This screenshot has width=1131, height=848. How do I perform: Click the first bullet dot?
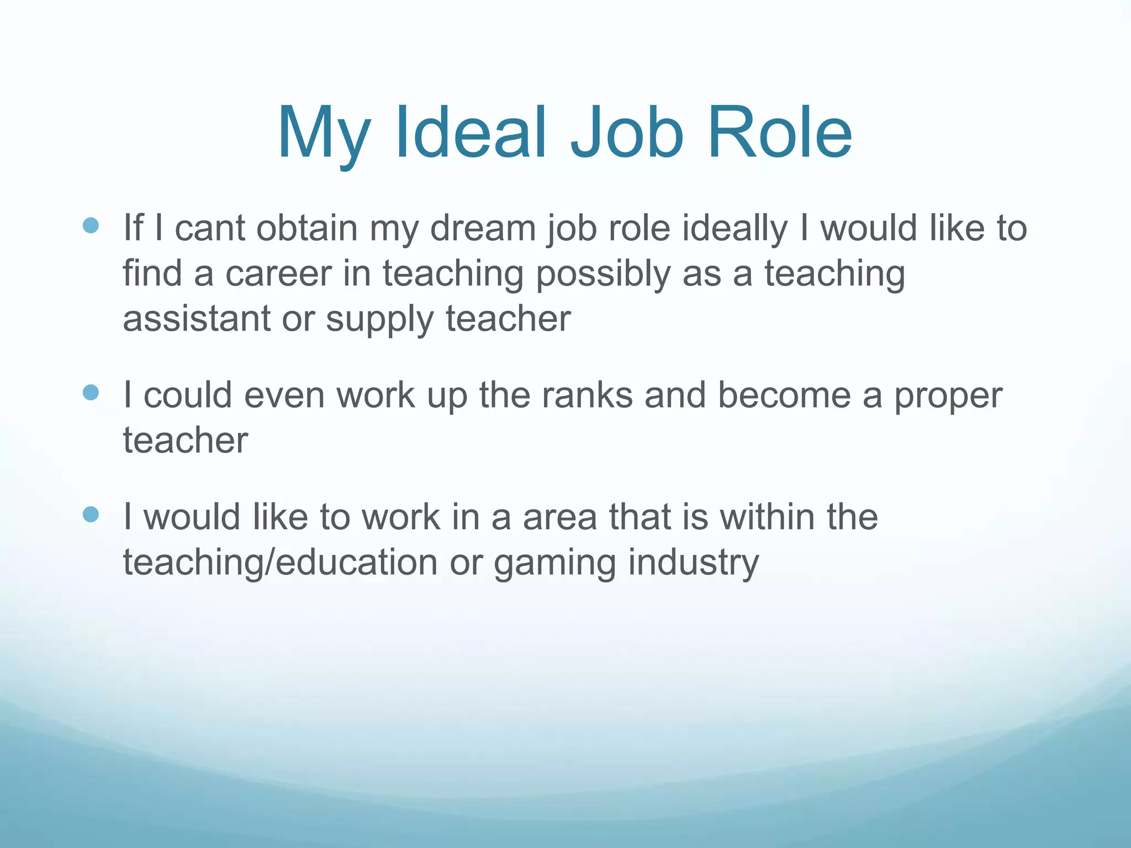pyautogui.click(x=90, y=225)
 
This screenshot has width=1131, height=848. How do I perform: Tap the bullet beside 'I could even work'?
pyautogui.click(x=90, y=393)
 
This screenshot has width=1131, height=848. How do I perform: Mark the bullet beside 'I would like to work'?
pyautogui.click(x=90, y=515)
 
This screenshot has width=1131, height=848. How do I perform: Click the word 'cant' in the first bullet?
pyautogui.click(x=210, y=228)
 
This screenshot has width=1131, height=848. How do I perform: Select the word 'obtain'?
pyautogui.click(x=307, y=228)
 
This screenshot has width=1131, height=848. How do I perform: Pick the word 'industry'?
pyautogui.click(x=694, y=563)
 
